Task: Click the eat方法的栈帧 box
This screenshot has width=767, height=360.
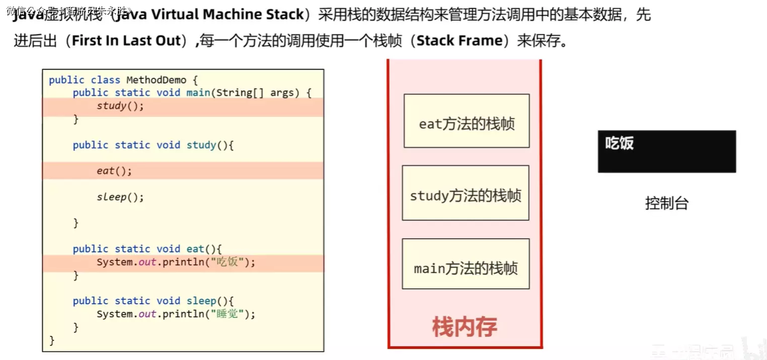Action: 467,121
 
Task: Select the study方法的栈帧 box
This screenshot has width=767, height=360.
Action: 466,193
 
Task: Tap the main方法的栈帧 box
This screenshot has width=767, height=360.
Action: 466,264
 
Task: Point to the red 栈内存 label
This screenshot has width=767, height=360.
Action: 465,327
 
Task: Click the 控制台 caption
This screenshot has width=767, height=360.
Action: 666,203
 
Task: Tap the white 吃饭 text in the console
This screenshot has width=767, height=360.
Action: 619,143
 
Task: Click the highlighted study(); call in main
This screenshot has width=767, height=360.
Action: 120,106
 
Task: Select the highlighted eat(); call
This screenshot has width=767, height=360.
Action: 114,171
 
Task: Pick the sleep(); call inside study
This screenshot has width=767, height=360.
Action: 120,197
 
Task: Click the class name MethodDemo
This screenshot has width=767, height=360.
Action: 156,80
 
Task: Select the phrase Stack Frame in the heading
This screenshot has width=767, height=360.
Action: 460,40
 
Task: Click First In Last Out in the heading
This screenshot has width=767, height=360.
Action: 126,40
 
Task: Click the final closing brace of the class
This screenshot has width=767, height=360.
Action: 52,340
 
